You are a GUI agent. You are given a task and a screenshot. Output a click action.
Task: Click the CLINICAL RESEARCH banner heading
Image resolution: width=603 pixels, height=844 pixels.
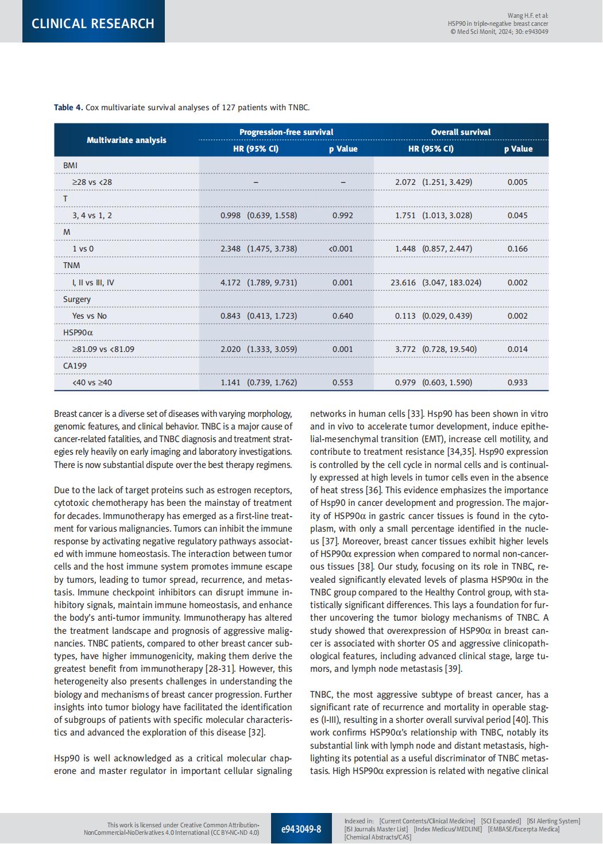pyautogui.click(x=93, y=24)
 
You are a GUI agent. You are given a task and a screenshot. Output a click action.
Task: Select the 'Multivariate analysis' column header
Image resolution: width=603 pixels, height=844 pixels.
pyautogui.click(x=126, y=140)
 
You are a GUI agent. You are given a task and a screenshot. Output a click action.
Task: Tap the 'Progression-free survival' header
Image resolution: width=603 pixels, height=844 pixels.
pyautogui.click(x=286, y=132)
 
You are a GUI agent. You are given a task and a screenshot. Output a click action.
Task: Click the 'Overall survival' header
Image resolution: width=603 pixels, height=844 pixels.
pyautogui.click(x=461, y=132)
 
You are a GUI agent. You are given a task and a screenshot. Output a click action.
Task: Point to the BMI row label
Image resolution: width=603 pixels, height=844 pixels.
pyautogui.click(x=70, y=165)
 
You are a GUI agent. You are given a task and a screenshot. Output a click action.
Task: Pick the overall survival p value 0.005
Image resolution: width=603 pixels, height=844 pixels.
pyautogui.click(x=517, y=182)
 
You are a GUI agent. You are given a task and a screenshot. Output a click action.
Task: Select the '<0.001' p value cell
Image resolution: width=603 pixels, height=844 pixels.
pyautogui.click(x=341, y=249)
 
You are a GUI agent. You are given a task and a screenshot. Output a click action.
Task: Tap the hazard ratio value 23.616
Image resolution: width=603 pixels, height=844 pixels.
pyautogui.click(x=403, y=282)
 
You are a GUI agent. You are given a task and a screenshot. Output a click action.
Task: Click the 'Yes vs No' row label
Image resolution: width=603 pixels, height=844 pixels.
pyautogui.click(x=90, y=316)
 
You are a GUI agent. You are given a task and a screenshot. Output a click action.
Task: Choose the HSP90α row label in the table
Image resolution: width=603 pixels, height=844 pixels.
pyautogui.click(x=78, y=332)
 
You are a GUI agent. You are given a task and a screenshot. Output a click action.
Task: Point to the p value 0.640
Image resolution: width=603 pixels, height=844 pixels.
pyautogui.click(x=343, y=316)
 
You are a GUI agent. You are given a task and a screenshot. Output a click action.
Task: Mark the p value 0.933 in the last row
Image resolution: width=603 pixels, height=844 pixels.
pyautogui.click(x=517, y=382)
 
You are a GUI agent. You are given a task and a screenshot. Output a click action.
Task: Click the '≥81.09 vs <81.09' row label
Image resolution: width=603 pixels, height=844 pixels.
pyautogui.click(x=103, y=349)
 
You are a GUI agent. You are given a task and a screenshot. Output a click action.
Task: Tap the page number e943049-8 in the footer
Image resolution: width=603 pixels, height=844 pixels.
pyautogui.click(x=301, y=828)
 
